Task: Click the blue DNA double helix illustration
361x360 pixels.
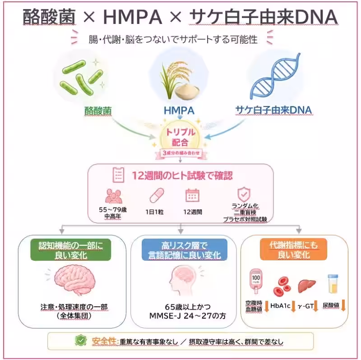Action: (275, 76)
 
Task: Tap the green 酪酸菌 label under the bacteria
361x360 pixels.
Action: (98, 111)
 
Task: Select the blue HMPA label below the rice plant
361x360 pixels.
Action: (179, 111)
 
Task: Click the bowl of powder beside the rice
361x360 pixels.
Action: (187, 92)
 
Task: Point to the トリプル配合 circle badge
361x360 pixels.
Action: (180, 137)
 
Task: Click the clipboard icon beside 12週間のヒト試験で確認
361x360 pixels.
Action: (118, 175)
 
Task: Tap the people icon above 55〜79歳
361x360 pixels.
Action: (114, 196)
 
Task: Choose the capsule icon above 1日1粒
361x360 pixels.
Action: (157, 195)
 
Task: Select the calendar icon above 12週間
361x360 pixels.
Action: (193, 195)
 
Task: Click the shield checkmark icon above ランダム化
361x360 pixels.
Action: (244, 194)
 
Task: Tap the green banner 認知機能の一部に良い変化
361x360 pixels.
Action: (71, 250)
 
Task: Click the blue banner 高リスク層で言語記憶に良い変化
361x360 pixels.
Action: (185, 250)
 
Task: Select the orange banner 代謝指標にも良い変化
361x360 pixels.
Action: (294, 249)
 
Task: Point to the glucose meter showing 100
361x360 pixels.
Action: (256, 281)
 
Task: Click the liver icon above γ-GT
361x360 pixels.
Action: (307, 286)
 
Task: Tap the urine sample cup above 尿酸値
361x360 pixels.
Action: (333, 284)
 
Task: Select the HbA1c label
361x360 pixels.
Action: (280, 306)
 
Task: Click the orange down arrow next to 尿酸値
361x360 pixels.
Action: (343, 306)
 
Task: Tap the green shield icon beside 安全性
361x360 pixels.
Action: (81, 341)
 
